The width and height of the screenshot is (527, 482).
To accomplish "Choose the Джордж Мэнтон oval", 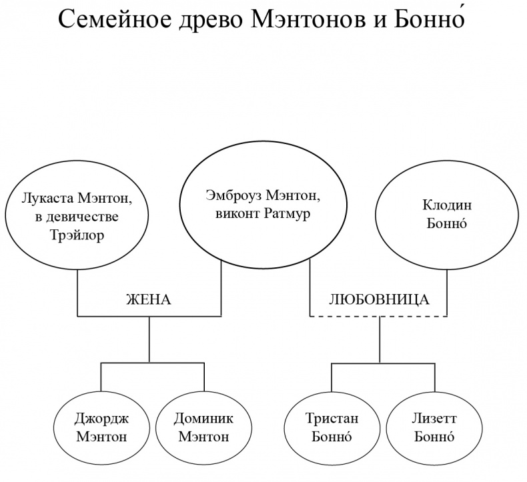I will click(101, 427).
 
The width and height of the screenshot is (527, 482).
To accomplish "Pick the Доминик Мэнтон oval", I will click(203, 427).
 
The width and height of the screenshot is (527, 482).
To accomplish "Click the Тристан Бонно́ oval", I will click(332, 427).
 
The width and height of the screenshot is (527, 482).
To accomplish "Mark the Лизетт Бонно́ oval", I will click(434, 427).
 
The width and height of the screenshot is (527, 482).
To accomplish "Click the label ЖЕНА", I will click(149, 299).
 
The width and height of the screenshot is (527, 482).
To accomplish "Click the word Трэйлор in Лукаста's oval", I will click(77, 235).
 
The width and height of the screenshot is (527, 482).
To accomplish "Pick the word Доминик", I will click(203, 419).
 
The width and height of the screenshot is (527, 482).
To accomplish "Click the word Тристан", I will click(332, 419).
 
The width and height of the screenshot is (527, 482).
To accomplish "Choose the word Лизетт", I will click(434, 419).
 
